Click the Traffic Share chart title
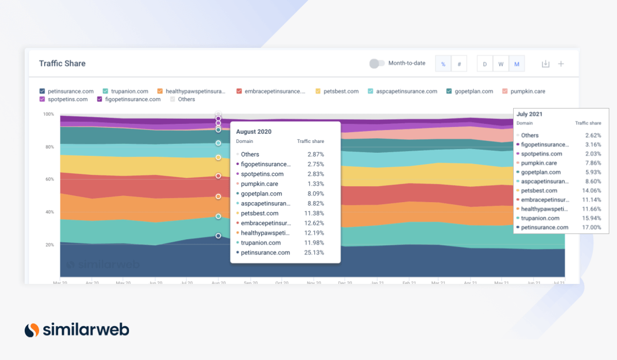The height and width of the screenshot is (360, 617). [x=62, y=63]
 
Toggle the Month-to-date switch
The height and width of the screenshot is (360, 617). [x=377, y=63]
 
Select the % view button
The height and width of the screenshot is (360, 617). [x=443, y=64]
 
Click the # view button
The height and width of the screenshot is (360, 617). [x=459, y=64]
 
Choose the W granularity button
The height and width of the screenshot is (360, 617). [x=500, y=64]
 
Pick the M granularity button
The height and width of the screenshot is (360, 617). [x=517, y=64]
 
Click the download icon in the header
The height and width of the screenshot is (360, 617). [x=546, y=64]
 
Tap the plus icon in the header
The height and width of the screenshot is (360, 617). [x=561, y=64]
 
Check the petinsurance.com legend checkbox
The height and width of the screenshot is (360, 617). [x=42, y=91]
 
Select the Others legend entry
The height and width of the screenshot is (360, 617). [x=186, y=99]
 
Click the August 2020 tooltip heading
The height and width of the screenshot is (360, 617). [x=253, y=132]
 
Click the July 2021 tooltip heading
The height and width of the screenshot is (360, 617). [x=529, y=114]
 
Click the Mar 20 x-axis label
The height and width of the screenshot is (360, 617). [x=60, y=283]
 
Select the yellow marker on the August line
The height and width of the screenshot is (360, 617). [x=218, y=157]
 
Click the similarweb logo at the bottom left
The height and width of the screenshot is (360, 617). [x=77, y=330]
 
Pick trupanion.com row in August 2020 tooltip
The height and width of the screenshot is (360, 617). [x=261, y=243]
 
